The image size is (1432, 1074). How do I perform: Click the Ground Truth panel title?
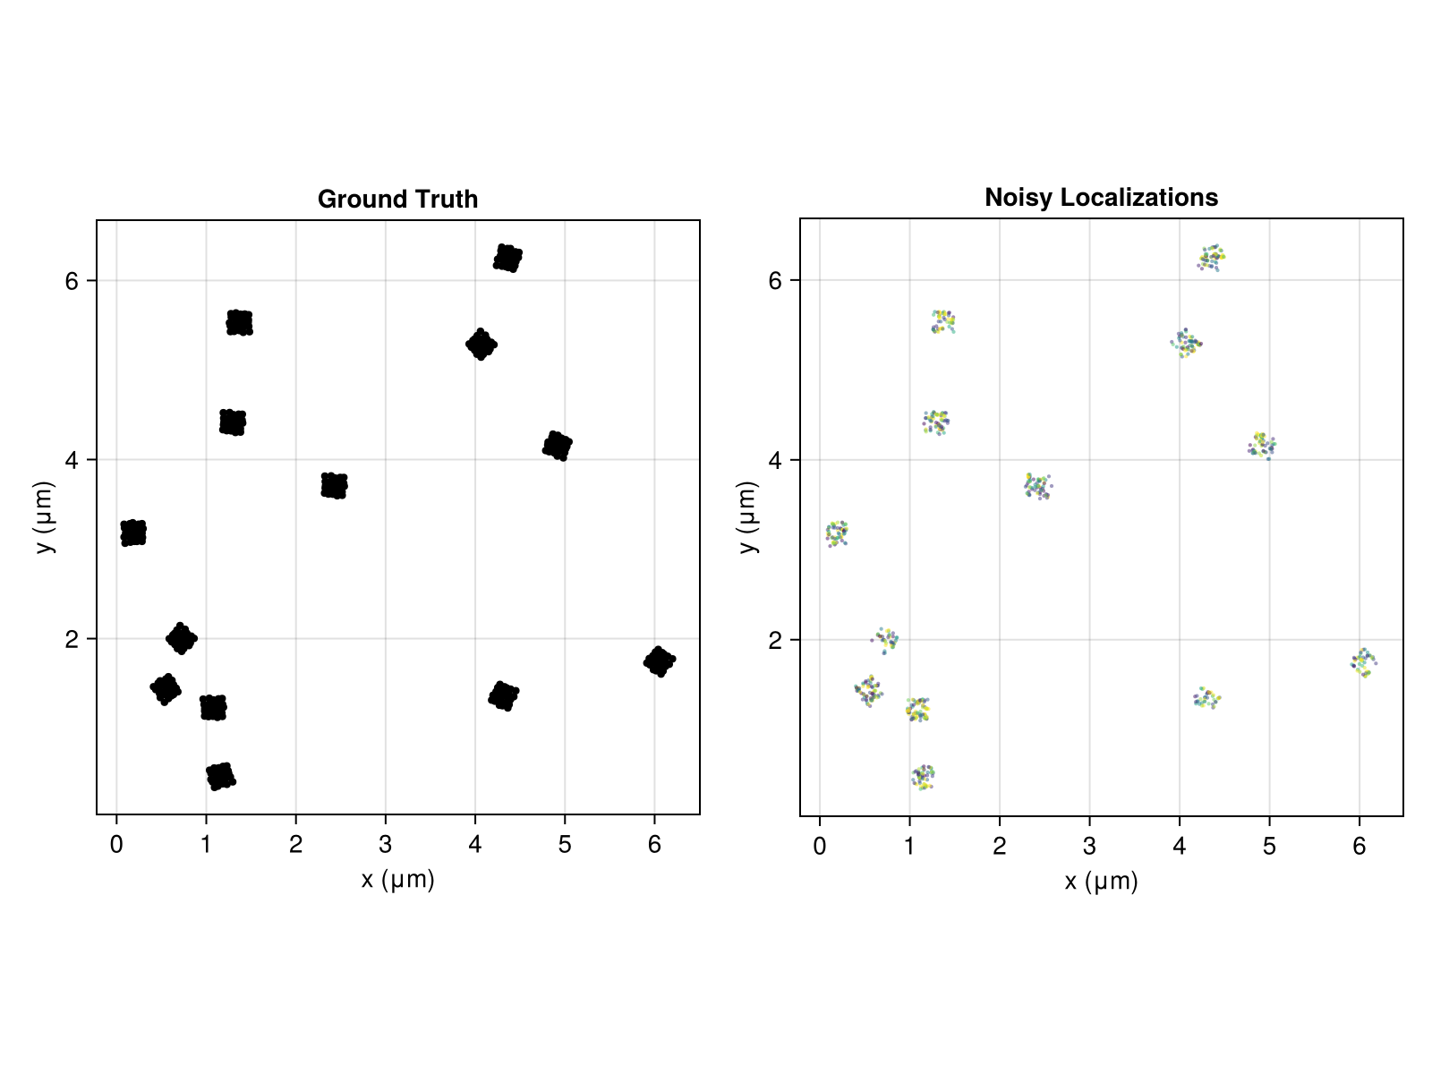(397, 199)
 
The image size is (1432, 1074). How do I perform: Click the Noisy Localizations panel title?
(1101, 197)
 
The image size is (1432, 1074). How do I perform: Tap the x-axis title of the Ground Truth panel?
(397, 880)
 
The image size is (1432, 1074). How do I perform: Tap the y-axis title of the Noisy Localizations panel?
(749, 517)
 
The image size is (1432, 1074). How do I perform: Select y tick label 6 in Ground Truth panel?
(72, 280)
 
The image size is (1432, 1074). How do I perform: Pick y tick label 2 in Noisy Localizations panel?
(775, 640)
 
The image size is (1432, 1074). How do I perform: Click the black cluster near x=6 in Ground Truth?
(659, 661)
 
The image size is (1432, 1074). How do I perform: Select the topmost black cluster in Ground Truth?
(507, 258)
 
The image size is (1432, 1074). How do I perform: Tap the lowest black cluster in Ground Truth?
(220, 776)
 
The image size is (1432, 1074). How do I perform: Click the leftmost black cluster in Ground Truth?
(133, 533)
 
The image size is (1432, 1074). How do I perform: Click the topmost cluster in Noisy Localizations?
(1212, 258)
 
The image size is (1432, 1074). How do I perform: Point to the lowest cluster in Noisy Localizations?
(924, 777)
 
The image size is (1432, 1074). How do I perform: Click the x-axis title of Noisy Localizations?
(1101, 882)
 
